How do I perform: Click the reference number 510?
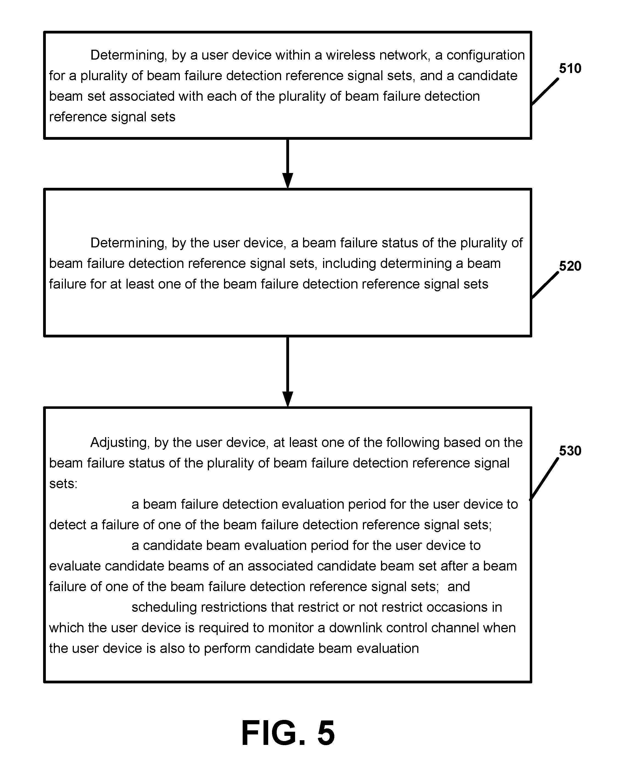570,68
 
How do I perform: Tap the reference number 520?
570,266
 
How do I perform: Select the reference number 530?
570,451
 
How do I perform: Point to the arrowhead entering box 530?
287,399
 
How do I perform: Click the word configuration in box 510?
486,55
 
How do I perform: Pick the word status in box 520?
400,243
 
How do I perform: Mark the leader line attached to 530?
544,479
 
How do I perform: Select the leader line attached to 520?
545,285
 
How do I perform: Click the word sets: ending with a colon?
63,484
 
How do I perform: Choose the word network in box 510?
405,55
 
